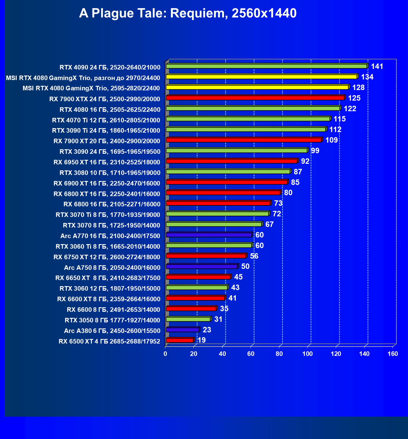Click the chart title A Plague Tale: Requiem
[x=188, y=13]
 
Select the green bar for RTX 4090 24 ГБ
[x=266, y=66]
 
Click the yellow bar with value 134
[x=261, y=77]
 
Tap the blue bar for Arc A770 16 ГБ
[x=209, y=235]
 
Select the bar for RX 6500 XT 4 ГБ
[x=180, y=341]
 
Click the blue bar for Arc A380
[x=182, y=330]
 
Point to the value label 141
[x=377, y=66]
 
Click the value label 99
[x=315, y=151]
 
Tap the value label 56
[x=254, y=256]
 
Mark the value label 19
[x=201, y=340]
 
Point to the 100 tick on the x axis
[x=308, y=354]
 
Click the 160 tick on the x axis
[x=393, y=354]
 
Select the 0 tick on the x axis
[x=165, y=354]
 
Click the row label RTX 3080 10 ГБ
[x=110, y=173]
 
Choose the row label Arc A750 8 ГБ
[x=112, y=268]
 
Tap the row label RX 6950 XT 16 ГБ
[x=107, y=162]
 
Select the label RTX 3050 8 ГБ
[x=112, y=320]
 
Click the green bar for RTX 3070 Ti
[x=217, y=214]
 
